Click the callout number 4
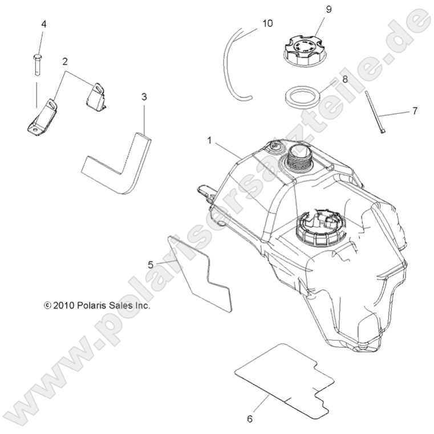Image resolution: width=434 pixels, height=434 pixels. tap(44, 24)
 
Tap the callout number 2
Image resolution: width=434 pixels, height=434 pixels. tap(65, 62)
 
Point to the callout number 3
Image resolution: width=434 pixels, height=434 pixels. tap(144, 97)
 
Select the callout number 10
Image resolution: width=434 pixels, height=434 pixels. tap(267, 23)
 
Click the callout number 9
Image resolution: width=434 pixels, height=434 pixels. tap(328, 10)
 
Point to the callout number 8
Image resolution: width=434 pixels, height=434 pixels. tap(345, 79)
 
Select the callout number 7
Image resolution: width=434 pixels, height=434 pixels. tap(415, 111)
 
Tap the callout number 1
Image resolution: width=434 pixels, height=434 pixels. tap(209, 141)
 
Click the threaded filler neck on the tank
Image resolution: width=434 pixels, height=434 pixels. tap(300, 157)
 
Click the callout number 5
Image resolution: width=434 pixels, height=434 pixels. tap(151, 265)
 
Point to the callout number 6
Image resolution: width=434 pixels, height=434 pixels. tap(250, 419)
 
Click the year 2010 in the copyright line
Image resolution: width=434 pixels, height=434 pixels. tap(63, 306)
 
